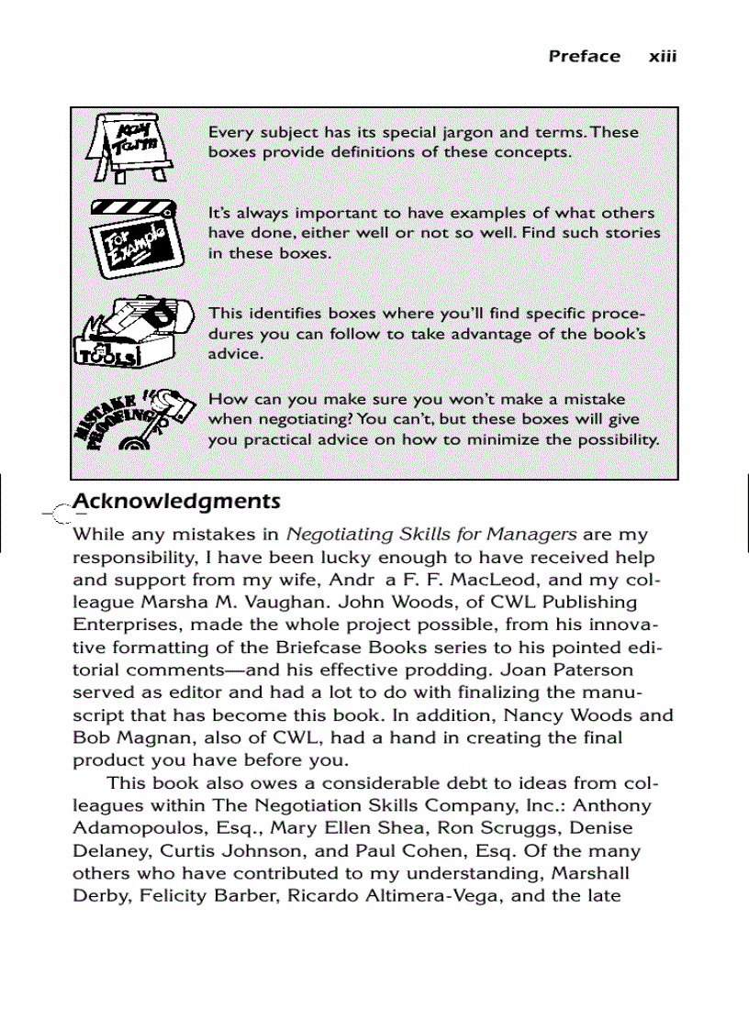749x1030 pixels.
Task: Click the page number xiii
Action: (x=662, y=56)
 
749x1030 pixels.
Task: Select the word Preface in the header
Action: (x=584, y=56)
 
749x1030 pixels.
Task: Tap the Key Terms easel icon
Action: (x=129, y=147)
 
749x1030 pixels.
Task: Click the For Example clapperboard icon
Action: (x=134, y=236)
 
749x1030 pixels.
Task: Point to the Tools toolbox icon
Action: (x=134, y=331)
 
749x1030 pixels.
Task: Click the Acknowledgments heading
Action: (x=176, y=502)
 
